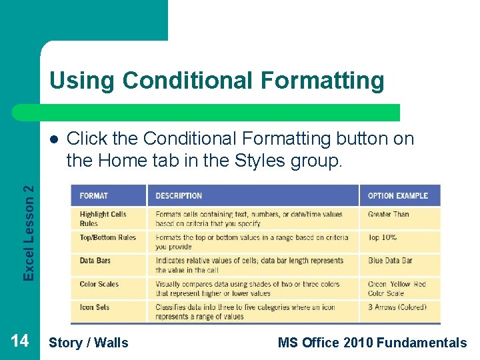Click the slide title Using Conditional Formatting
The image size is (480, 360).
[217, 81]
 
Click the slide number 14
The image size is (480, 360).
[19, 341]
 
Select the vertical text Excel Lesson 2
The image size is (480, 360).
[29, 233]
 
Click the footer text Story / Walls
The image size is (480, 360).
[89, 343]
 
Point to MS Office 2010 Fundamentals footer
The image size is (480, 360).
[372, 343]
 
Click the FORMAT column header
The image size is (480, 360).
[94, 196]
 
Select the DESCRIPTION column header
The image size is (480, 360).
[179, 196]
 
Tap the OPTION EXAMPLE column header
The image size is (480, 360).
[398, 196]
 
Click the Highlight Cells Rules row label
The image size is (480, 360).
[103, 219]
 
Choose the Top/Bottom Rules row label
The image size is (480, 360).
[107, 237]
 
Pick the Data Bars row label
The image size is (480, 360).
[95, 261]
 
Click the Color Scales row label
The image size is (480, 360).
[99, 284]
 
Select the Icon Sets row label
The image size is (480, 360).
[95, 307]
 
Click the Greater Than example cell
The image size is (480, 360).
[389, 214]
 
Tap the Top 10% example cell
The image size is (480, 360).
[383, 237]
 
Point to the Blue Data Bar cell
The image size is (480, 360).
[390, 261]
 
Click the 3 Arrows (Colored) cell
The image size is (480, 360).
[397, 307]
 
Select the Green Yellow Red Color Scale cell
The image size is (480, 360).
[397, 289]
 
